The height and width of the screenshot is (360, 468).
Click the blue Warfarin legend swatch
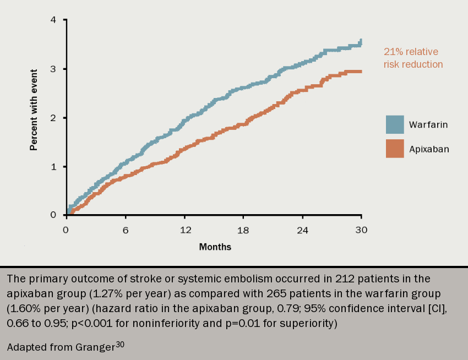tap(395, 124)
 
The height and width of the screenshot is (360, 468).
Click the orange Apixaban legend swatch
tap(395, 149)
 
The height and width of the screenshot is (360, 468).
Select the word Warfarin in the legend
tap(428, 124)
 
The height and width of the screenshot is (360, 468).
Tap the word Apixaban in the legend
tap(429, 149)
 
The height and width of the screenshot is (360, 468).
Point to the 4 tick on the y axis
tap(53, 20)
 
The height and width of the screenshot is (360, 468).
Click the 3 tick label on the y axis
tap(53, 69)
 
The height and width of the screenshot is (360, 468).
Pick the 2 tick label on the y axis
tap(53, 118)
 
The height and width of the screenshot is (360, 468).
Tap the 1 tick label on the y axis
tap(53, 167)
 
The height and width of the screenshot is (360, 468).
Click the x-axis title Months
tap(215, 247)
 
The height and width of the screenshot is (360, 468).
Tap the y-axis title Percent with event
tap(34, 110)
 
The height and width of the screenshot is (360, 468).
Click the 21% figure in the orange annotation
tap(393, 52)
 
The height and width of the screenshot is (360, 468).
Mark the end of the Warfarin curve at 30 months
tap(361, 41)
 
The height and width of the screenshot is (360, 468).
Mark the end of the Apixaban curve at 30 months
tap(361, 72)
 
